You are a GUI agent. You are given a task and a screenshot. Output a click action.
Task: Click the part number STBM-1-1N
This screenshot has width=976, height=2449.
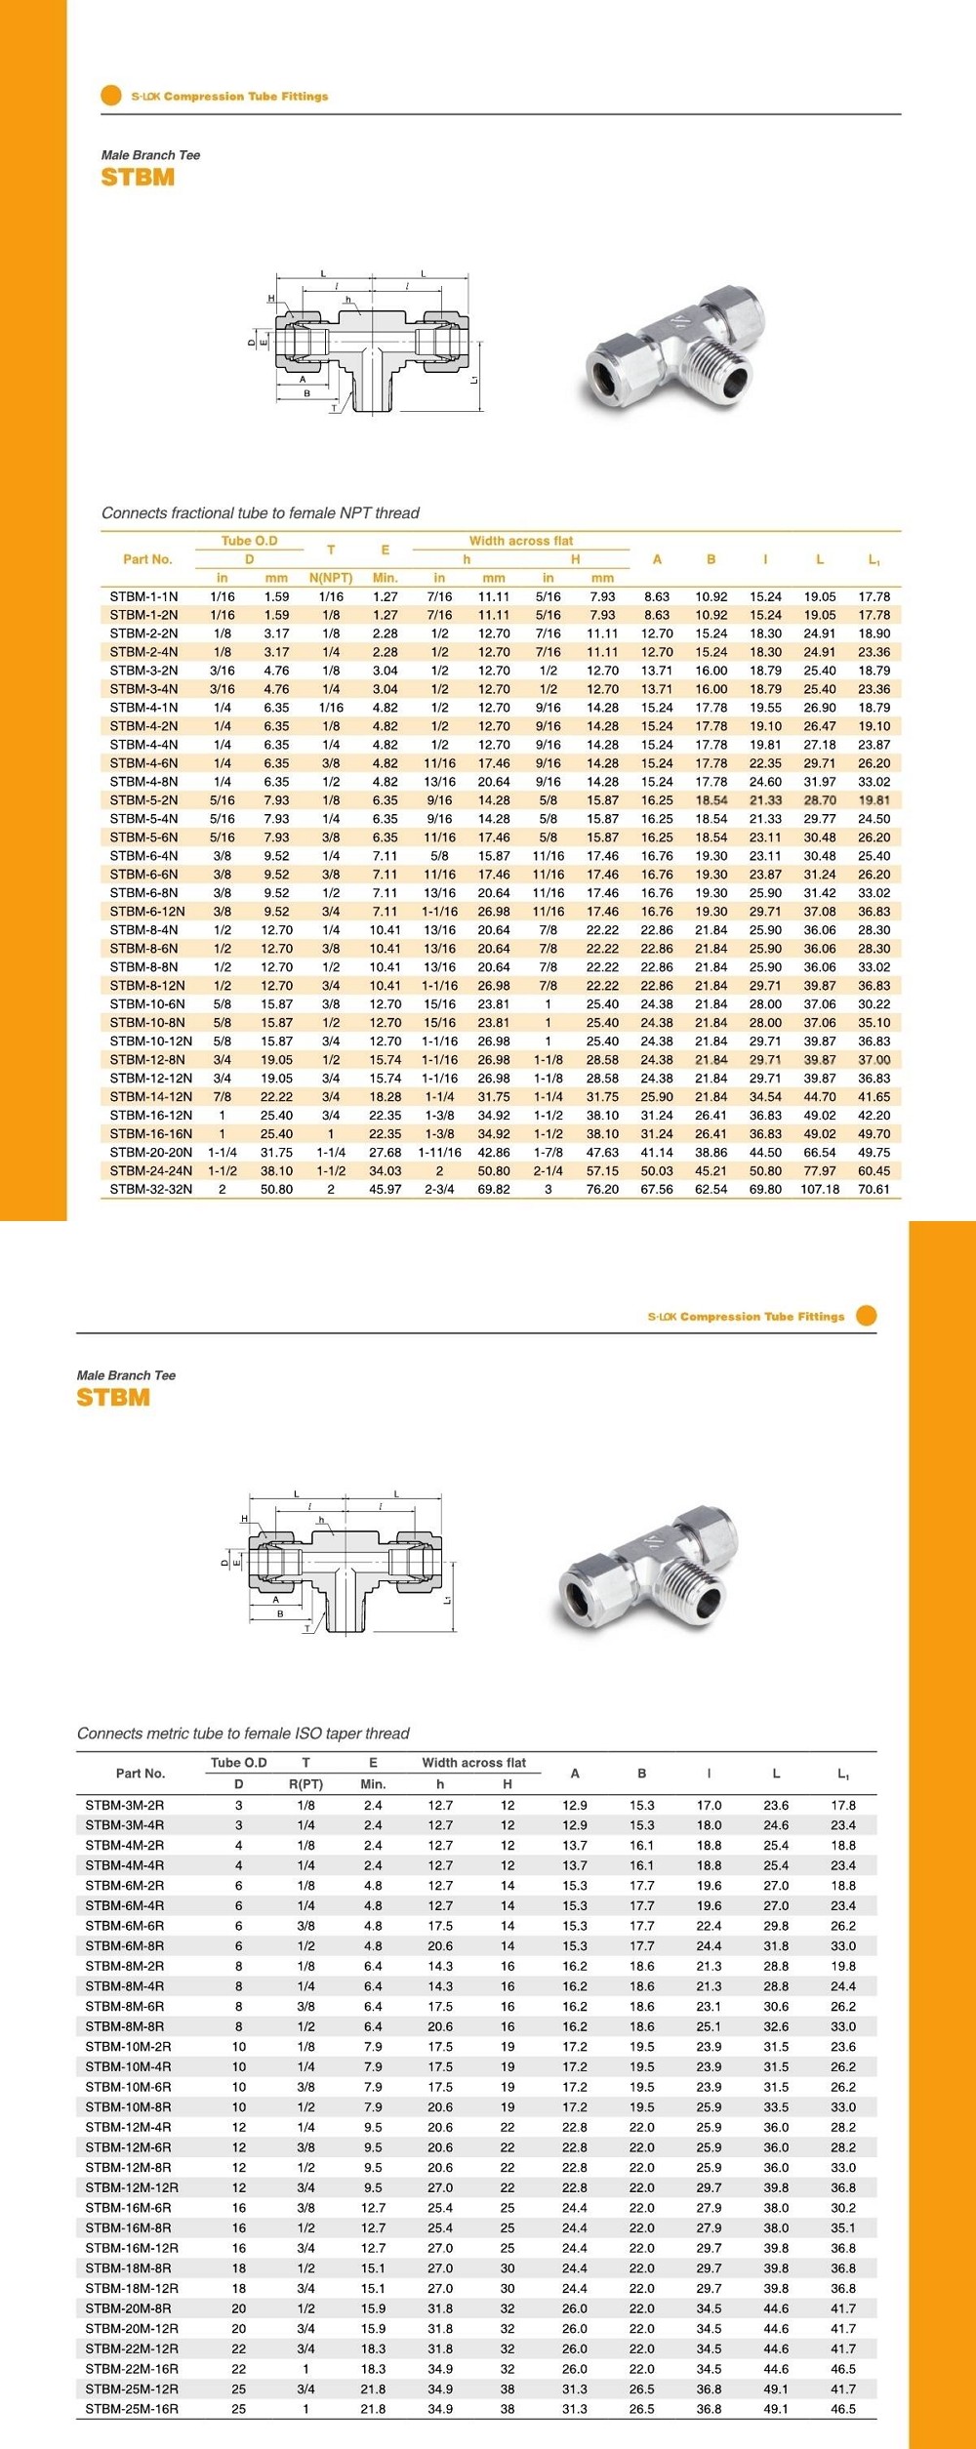coord(143,596)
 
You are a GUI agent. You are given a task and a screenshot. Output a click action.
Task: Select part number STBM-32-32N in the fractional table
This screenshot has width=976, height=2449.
coord(150,1189)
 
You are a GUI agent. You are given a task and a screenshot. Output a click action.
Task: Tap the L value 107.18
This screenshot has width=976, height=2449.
coord(820,1189)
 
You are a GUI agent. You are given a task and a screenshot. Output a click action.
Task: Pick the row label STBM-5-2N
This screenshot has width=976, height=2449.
coord(143,800)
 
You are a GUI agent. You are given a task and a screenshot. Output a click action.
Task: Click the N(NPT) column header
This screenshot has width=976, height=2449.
coord(331,578)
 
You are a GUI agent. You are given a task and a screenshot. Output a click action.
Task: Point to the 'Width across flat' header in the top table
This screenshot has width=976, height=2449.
coord(521,541)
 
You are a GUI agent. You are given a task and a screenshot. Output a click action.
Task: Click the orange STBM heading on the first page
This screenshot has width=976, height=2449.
coord(138,177)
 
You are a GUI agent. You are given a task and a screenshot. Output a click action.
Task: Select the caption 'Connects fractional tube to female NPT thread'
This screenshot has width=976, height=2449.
coord(261,512)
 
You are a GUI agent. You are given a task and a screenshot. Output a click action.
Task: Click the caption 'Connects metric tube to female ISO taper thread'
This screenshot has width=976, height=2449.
coord(243,1733)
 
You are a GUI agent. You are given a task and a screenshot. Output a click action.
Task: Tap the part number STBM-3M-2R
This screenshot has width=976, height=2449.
coord(125,1805)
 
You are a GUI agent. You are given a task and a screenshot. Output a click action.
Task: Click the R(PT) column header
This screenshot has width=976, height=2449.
coord(305,1783)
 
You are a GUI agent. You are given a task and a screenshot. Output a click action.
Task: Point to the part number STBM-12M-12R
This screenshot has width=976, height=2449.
coord(132,2186)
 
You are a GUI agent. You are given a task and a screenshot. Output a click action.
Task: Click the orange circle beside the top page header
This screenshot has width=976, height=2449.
coord(110,96)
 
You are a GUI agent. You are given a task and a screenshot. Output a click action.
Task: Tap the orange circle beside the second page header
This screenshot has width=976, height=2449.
coord(866,1315)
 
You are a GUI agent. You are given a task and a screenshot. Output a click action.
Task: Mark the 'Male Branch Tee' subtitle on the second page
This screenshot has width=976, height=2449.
coord(126,1375)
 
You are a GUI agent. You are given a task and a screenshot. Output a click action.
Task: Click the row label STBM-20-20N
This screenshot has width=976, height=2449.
coord(150,1152)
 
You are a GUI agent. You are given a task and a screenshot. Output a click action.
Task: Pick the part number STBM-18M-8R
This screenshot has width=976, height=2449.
coord(128,2267)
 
